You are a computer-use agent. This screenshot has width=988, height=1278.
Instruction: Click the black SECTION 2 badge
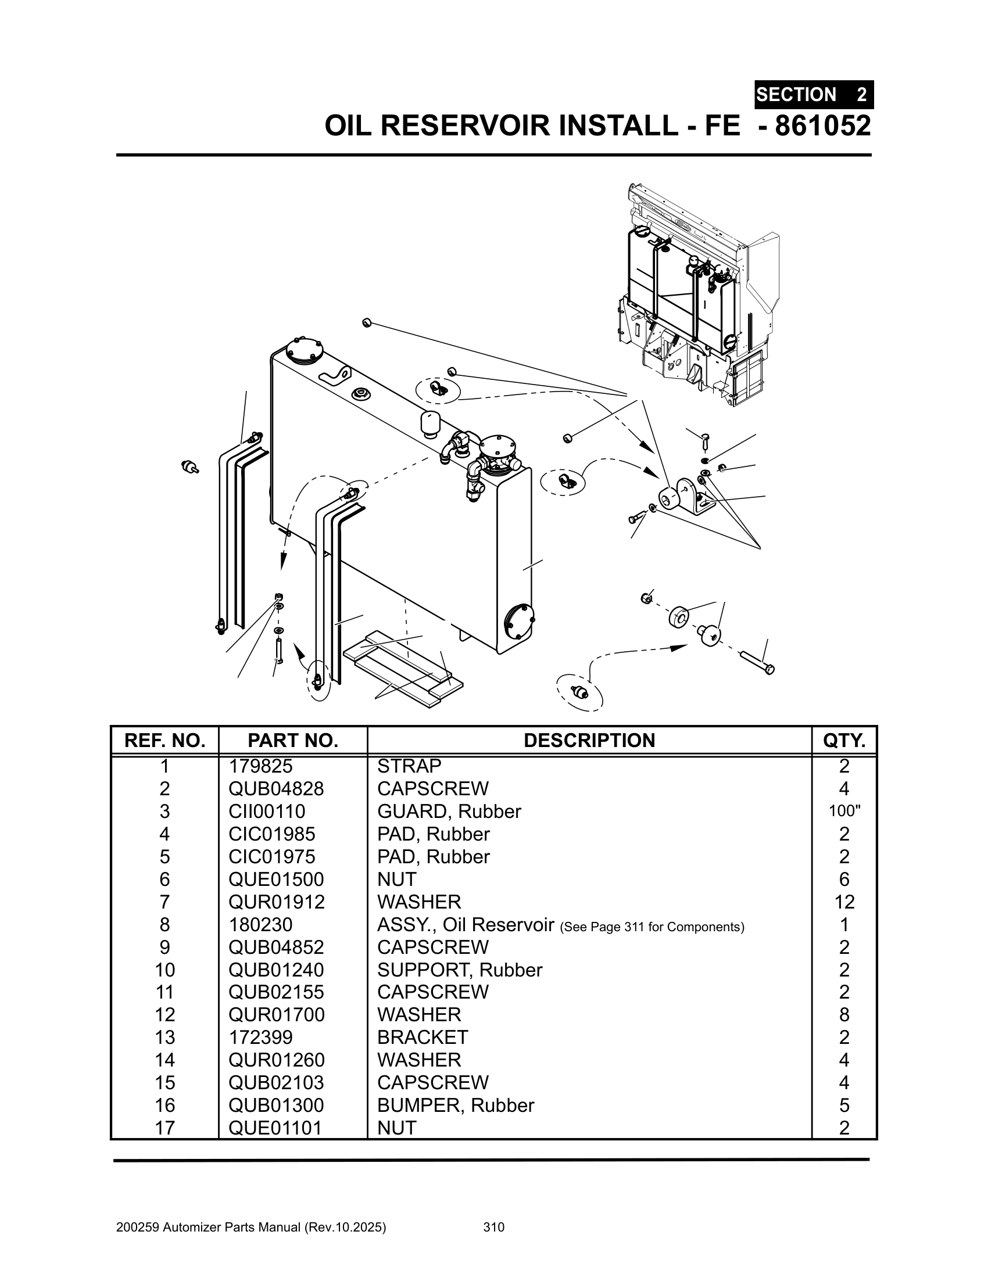click(x=814, y=94)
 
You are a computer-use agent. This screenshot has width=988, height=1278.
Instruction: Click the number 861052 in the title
click(x=822, y=126)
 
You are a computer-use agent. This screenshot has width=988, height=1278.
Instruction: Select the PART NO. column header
click(x=293, y=740)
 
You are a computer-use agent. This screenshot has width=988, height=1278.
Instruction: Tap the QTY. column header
click(x=844, y=740)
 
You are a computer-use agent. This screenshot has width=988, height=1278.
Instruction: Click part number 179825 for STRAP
click(x=260, y=766)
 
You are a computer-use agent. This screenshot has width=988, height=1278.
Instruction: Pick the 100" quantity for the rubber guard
click(x=844, y=811)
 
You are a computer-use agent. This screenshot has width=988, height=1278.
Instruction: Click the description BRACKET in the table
click(x=423, y=1037)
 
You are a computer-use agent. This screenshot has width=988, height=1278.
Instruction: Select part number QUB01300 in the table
click(x=275, y=1105)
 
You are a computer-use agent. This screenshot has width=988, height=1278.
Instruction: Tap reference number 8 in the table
click(x=164, y=925)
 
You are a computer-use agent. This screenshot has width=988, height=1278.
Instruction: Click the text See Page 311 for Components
click(x=652, y=927)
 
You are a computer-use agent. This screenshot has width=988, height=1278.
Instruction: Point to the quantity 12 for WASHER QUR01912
click(x=844, y=902)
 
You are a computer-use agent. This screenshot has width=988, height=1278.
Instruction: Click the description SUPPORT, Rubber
click(x=460, y=970)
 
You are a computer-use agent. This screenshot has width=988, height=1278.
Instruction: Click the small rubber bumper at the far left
click(x=190, y=467)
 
